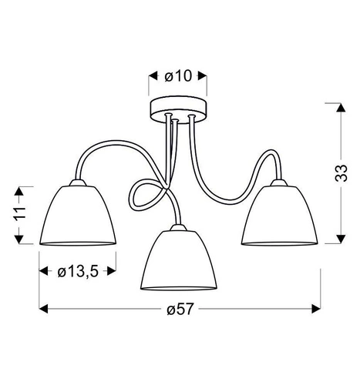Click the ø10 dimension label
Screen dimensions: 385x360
[x=177, y=75]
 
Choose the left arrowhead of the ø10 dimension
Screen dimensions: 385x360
[x=152, y=75]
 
